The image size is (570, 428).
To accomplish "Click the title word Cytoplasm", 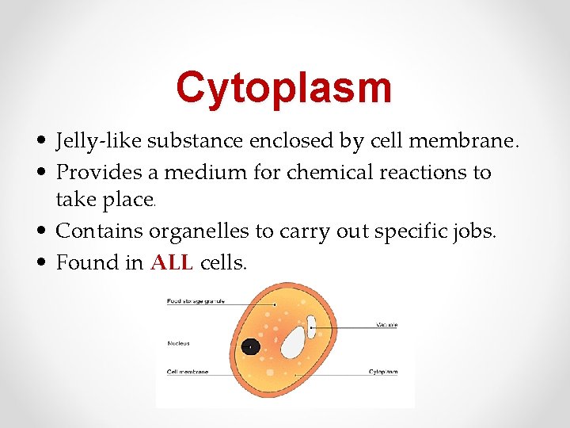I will click(x=284, y=87).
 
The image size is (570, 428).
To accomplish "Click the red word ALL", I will click(x=172, y=262).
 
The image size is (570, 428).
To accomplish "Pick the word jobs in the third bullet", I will click(x=474, y=232).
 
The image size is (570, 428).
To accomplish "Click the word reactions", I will click(x=405, y=172).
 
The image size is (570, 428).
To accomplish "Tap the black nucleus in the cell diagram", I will click(x=251, y=346).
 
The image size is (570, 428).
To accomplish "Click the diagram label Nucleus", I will click(x=179, y=343).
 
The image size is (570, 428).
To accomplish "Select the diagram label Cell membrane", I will click(x=188, y=371).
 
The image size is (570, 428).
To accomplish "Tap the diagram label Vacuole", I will click(x=386, y=325).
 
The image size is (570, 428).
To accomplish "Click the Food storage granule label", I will click(x=195, y=301).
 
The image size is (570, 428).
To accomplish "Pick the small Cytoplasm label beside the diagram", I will click(x=383, y=371).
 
